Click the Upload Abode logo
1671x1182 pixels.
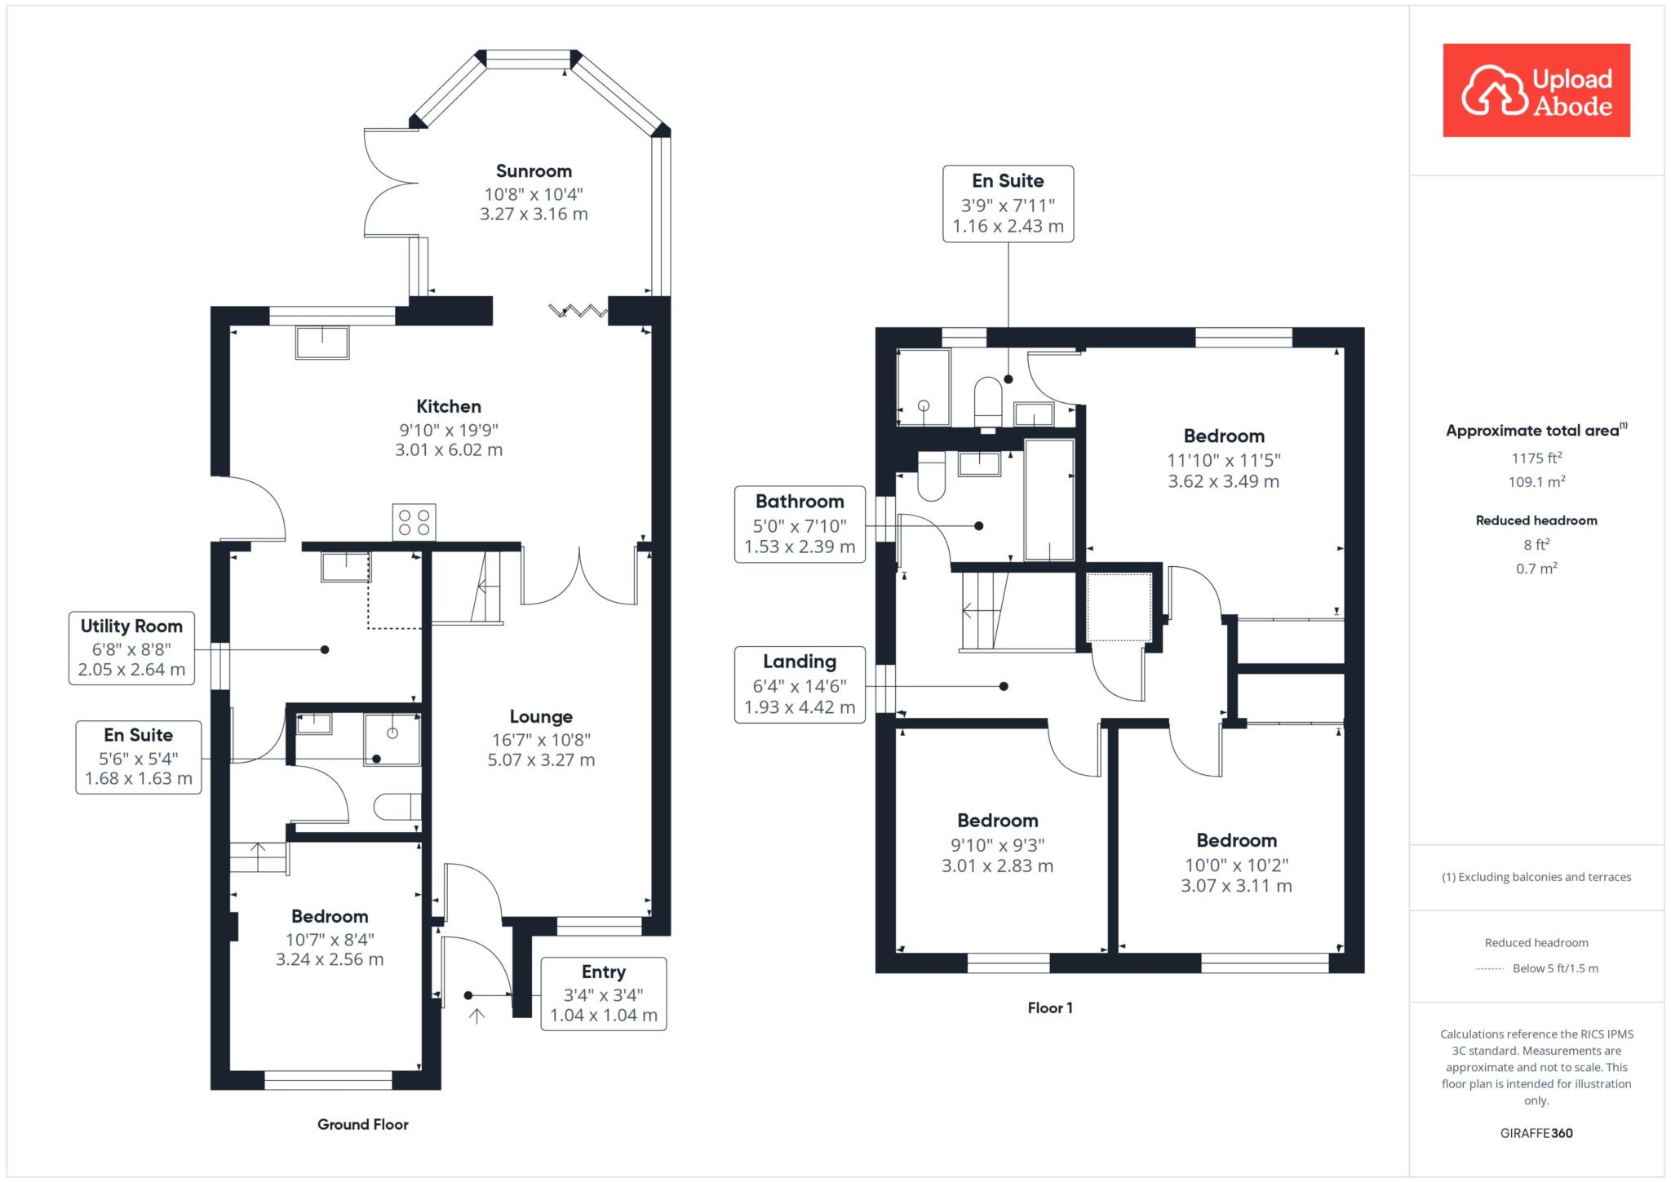click(x=1536, y=91)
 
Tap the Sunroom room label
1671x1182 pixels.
click(x=534, y=171)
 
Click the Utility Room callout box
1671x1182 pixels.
click(x=131, y=649)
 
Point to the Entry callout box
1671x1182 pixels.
click(x=604, y=994)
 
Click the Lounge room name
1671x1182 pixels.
click(x=541, y=717)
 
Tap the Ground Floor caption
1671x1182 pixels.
click(x=363, y=1124)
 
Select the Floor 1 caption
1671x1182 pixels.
click(x=1050, y=1008)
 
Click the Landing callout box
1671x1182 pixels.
click(x=800, y=684)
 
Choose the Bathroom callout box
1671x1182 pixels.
click(x=800, y=525)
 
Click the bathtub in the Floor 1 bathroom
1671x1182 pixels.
click(x=1049, y=500)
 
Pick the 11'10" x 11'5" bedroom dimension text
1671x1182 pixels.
click(x=1223, y=460)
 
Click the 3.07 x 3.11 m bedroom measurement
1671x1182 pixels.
click(x=1236, y=886)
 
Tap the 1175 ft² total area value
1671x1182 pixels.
click(x=1536, y=458)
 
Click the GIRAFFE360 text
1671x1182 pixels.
click(x=1536, y=1133)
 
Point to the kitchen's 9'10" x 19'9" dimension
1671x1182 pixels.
click(x=449, y=430)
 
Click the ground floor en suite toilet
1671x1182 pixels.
click(x=397, y=807)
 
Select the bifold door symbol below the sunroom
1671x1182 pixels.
click(x=578, y=310)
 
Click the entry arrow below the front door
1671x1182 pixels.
click(x=476, y=1016)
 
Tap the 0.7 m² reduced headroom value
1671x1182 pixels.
click(x=1536, y=569)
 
